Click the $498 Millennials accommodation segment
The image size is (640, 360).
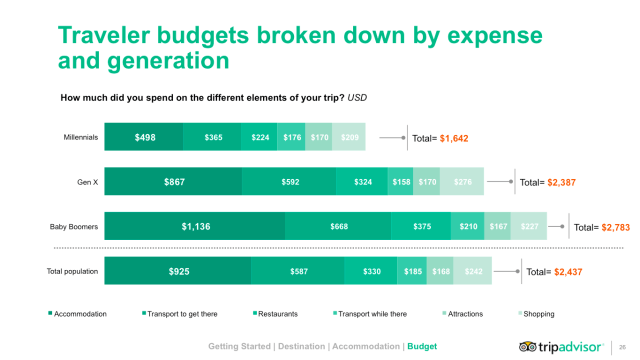(145, 138)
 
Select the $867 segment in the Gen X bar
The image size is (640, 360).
(173, 182)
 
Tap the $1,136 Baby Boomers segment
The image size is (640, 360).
(195, 227)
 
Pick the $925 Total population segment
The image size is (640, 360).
(177, 271)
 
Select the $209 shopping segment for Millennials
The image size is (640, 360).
(351, 138)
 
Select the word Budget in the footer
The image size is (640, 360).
(422, 346)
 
